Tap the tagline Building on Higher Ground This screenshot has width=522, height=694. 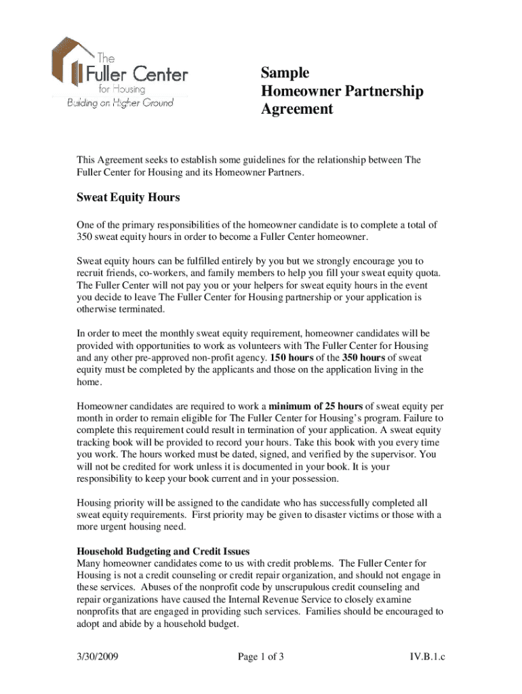coord(119,103)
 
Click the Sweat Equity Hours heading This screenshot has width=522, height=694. coord(128,198)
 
